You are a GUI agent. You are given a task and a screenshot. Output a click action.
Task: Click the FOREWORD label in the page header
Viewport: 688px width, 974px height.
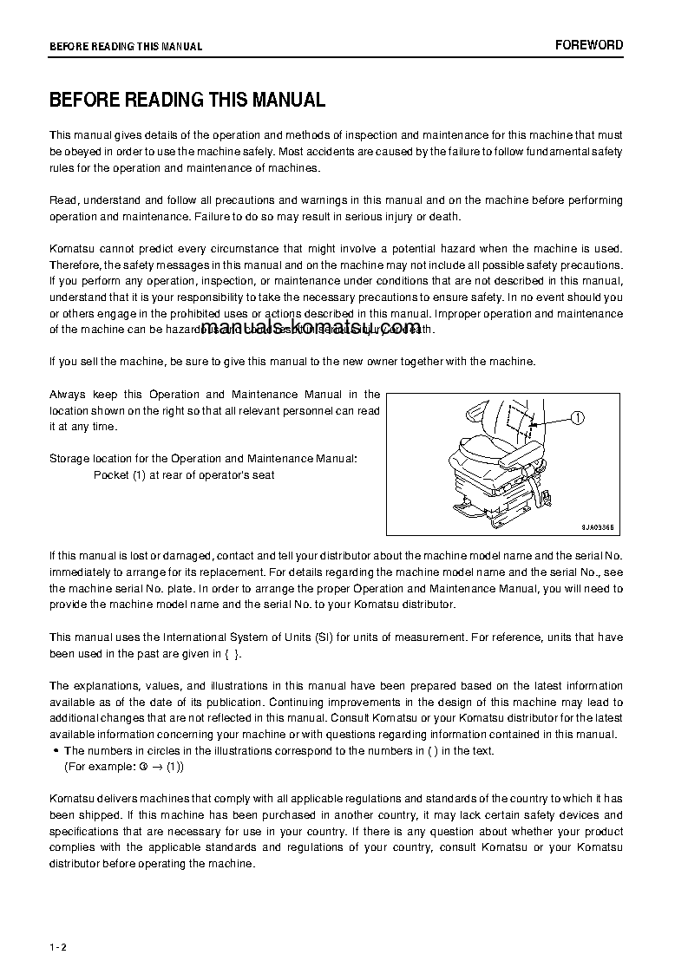click(588, 45)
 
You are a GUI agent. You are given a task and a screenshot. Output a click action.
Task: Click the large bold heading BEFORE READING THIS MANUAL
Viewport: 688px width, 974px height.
click(187, 100)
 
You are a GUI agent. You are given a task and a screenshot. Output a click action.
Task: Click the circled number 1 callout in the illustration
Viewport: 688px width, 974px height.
click(579, 418)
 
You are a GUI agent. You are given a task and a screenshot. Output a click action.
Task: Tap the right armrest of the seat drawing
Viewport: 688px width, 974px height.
click(526, 453)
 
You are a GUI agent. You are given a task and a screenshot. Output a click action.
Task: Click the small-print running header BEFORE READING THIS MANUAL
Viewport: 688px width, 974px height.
click(126, 47)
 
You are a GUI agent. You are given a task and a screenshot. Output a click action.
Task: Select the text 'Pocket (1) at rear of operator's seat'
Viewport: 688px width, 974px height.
click(184, 475)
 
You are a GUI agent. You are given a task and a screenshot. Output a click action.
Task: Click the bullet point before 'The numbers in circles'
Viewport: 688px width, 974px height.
click(56, 751)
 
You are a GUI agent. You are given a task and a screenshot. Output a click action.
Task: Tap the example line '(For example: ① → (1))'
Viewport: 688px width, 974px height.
click(124, 767)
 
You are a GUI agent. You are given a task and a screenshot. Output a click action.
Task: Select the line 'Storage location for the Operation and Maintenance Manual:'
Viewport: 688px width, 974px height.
click(202, 458)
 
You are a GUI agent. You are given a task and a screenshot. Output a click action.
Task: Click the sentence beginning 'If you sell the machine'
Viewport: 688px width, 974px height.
click(292, 362)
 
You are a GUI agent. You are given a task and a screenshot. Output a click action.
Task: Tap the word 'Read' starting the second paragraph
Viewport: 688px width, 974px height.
click(62, 200)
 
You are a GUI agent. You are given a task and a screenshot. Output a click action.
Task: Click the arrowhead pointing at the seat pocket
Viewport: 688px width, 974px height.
click(534, 424)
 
